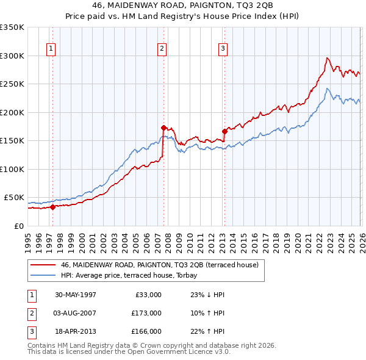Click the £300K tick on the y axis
(x=12, y=56)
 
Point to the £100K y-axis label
(x=12, y=169)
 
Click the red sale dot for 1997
(x=52, y=207)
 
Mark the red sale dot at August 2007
(x=163, y=128)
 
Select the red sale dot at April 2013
(x=224, y=131)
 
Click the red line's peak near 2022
(x=327, y=58)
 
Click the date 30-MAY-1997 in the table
(x=76, y=295)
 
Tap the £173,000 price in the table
(x=146, y=313)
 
